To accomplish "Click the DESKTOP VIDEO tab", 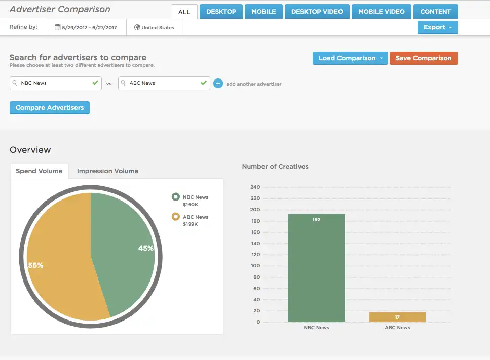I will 317,12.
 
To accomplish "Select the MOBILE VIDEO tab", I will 381,12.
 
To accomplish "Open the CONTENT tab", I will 435,12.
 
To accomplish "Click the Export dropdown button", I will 437,27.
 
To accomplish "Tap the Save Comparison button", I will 423,58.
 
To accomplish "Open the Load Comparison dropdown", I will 350,58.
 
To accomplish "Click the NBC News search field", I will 55,83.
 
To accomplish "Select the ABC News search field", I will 163,83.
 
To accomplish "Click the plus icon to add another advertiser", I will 218,84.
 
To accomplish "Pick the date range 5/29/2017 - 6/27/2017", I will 86,28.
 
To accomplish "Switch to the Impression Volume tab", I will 107,171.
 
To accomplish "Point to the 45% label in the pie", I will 145,248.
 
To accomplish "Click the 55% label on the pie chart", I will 35,265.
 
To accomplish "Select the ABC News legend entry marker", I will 175,217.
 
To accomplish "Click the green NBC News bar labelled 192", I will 316,268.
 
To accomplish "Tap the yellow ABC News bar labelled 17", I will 397,317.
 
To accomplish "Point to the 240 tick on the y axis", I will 255,187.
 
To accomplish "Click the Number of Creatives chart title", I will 275,167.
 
